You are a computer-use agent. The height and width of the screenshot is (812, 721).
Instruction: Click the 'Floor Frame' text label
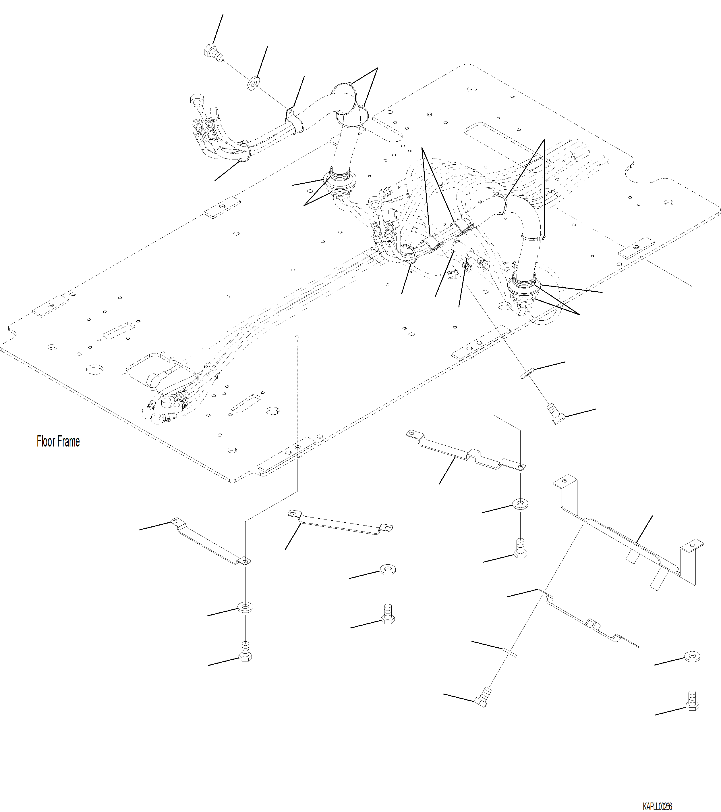click(x=58, y=441)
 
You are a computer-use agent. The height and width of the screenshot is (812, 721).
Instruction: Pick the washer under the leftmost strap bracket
click(x=246, y=607)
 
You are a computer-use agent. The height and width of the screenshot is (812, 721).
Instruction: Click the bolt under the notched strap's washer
click(x=520, y=548)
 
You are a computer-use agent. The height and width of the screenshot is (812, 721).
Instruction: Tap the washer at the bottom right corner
click(x=692, y=656)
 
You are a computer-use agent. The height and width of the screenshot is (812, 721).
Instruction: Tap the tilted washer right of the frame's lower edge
click(x=527, y=374)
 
